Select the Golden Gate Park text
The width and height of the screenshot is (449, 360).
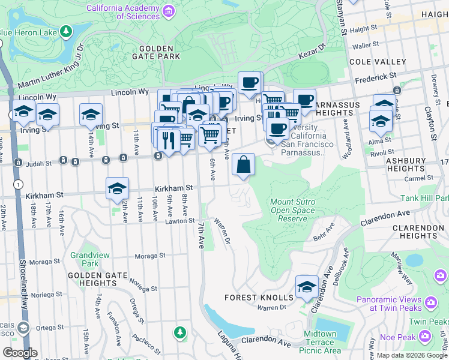click(x=159, y=52)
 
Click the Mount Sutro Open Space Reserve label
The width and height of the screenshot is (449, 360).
click(x=293, y=211)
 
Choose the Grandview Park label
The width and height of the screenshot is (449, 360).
click(x=84, y=259)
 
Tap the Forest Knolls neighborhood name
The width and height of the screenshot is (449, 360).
click(x=259, y=298)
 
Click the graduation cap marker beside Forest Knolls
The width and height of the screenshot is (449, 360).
click(x=307, y=287)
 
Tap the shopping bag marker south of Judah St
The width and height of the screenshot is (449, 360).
click(x=243, y=164)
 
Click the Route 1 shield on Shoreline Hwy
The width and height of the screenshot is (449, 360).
click(x=20, y=184)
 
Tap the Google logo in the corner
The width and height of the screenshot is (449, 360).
click(x=20, y=353)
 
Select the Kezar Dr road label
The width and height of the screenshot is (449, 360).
click(x=311, y=51)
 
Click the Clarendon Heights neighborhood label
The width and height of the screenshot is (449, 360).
click(x=418, y=232)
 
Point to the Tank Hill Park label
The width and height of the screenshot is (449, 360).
click(x=425, y=198)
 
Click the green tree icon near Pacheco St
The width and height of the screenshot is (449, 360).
click(x=179, y=332)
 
